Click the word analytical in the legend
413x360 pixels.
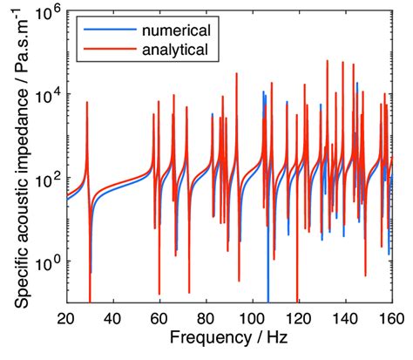(x=175, y=50)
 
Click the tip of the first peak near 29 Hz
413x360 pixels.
(x=87, y=102)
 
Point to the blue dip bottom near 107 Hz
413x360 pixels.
(x=267, y=300)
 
